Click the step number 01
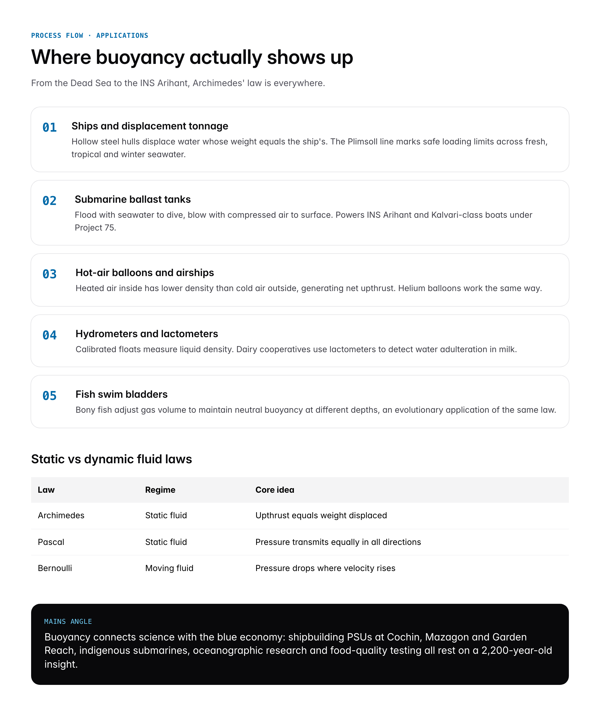click(49, 127)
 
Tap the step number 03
click(49, 274)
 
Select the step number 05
click(49, 396)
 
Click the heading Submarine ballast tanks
click(132, 199)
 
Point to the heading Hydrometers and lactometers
click(147, 334)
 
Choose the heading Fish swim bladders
click(121, 394)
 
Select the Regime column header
click(160, 490)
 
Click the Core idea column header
click(274, 490)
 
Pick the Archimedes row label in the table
click(61, 515)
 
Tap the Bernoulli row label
click(55, 568)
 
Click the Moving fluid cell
click(169, 568)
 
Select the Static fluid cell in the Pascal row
click(166, 542)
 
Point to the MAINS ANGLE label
click(68, 622)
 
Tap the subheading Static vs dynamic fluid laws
click(111, 459)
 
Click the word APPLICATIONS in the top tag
click(122, 36)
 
